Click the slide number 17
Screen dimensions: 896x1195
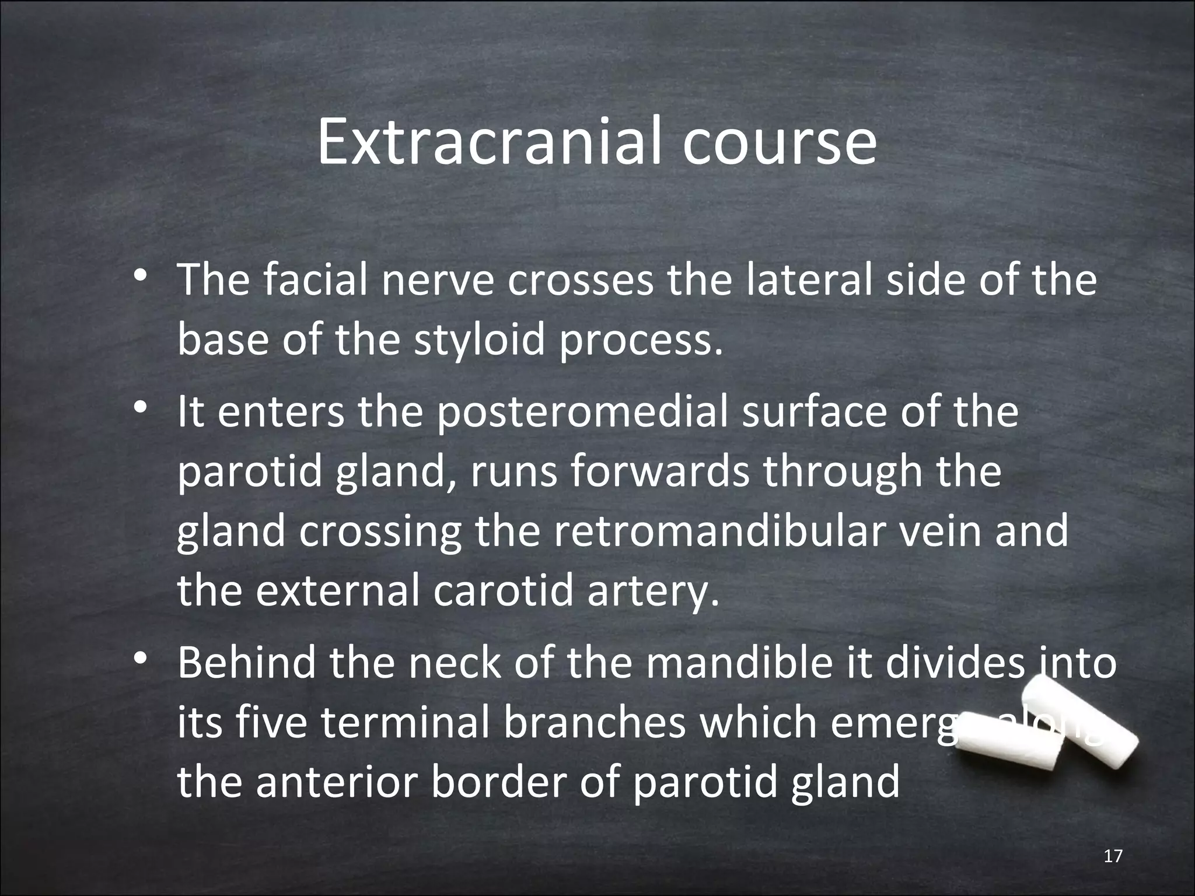coord(1113,856)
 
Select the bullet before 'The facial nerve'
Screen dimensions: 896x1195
coord(138,276)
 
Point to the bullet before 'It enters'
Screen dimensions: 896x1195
coord(138,408)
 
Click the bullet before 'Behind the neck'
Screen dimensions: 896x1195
coord(138,659)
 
